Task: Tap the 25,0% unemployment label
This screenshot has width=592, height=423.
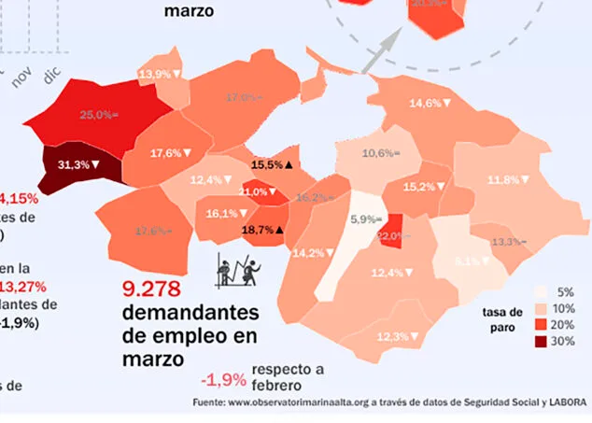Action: click(x=98, y=115)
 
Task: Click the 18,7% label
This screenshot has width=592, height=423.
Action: click(x=262, y=229)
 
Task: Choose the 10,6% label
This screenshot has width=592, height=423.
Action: click(x=380, y=153)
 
